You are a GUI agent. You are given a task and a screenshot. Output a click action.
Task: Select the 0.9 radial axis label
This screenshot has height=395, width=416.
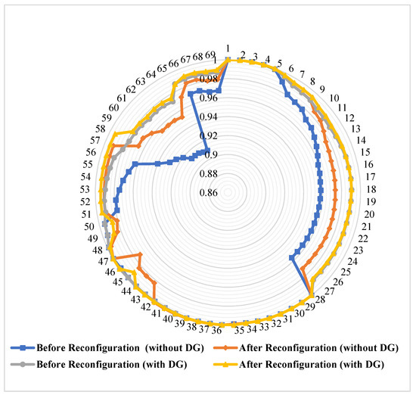point(207,155)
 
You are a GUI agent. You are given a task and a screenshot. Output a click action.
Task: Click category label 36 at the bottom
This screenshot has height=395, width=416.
point(216,330)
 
